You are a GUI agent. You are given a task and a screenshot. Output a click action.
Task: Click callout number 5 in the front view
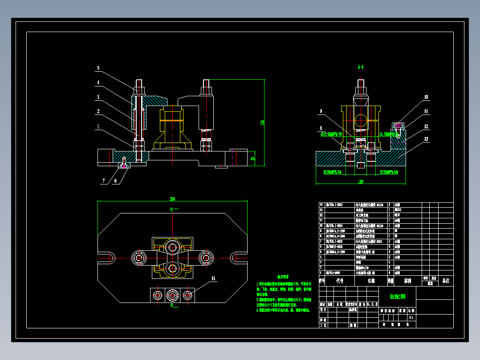pos(98,68)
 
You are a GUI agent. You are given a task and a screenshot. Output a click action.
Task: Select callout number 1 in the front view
pos(98,126)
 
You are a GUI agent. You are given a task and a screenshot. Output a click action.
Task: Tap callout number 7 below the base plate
pos(104,181)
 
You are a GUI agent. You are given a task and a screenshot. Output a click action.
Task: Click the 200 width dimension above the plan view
pos(172,199)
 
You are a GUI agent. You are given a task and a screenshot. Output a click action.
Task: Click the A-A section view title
pos(361,67)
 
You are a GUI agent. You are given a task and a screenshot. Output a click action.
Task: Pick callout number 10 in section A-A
pos(426,97)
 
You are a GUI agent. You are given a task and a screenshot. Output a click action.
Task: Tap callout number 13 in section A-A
pos(426,139)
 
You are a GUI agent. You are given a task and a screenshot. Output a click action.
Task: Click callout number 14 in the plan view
pos(213,278)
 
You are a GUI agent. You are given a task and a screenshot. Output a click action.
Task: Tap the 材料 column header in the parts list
pos(407,281)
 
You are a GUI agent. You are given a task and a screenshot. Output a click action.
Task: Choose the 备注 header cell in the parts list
pos(445,281)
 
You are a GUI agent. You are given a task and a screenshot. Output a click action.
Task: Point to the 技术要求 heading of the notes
pos(284,277)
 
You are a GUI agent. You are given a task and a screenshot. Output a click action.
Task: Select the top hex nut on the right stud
pos(206,90)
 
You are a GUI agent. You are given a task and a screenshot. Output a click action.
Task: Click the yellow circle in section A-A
pos(361,119)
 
